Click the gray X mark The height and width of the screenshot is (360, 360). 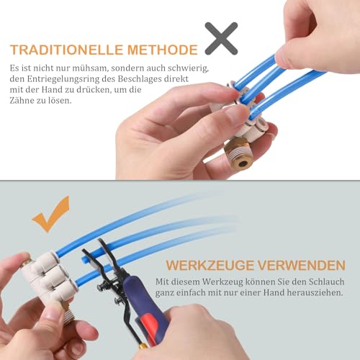(x=222, y=39)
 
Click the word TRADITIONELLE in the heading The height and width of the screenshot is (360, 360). (x=63, y=50)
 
